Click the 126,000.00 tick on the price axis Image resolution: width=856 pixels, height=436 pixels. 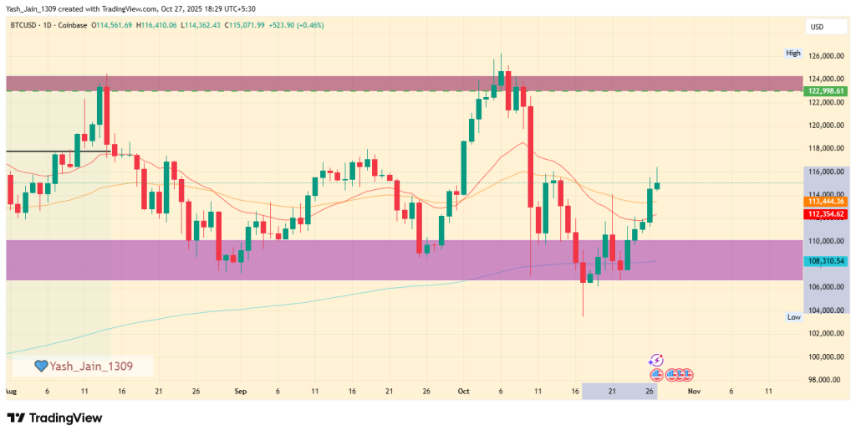point(824,56)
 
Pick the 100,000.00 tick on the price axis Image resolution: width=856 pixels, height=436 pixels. point(824,356)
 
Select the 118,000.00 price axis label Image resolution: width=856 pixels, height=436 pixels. point(824,149)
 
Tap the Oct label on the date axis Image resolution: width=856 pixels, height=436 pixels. point(464,391)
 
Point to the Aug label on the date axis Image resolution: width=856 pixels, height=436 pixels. point(10,391)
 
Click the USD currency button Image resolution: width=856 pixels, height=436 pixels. point(818,28)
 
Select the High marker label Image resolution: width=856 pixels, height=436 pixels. point(793,53)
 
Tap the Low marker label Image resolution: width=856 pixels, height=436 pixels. point(794,317)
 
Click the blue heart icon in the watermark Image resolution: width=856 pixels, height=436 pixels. point(39,366)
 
